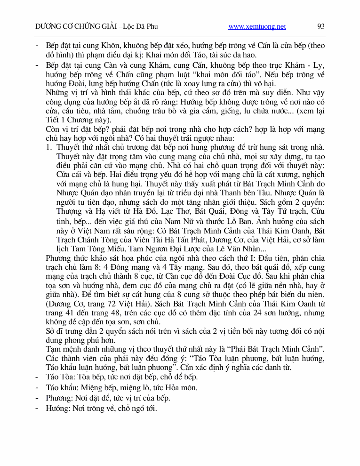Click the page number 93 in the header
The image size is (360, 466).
tap(321, 26)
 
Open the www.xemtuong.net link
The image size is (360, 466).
tap(257, 27)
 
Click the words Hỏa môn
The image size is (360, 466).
tap(183, 388)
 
